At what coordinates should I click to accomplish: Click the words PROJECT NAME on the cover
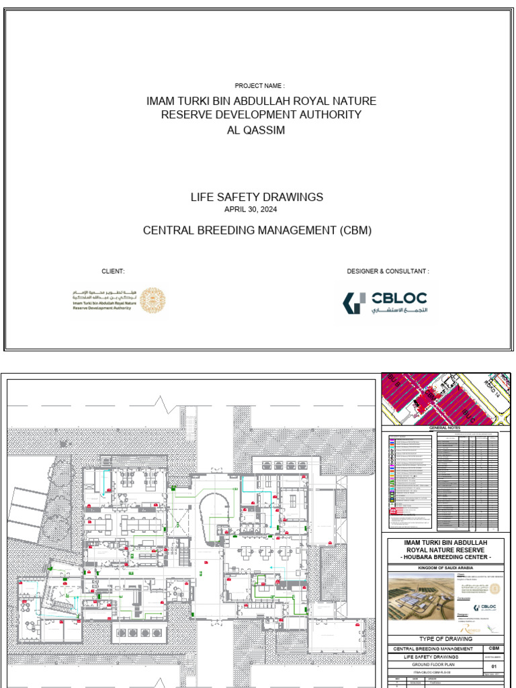[x=259, y=86]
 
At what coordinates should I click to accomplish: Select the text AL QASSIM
[x=257, y=130]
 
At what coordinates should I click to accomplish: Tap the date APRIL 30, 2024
[x=257, y=210]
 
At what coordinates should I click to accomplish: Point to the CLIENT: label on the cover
[x=113, y=271]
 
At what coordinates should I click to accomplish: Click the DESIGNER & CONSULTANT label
[x=388, y=271]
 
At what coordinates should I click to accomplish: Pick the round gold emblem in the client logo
[x=152, y=300]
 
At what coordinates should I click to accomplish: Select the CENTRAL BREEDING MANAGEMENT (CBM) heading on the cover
[x=257, y=230]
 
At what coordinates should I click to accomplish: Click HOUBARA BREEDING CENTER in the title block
[x=445, y=558]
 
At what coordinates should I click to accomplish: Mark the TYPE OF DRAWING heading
[x=445, y=638]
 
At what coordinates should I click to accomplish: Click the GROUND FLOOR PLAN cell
[x=433, y=664]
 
